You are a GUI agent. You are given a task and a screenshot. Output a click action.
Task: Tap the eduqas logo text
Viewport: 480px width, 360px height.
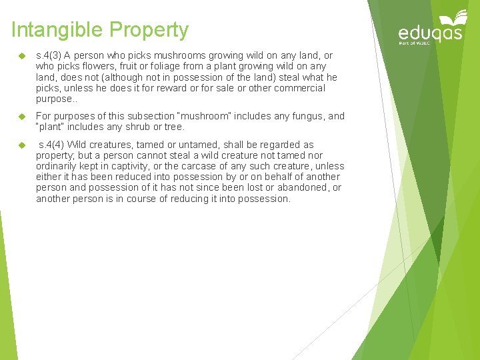[x=430, y=33]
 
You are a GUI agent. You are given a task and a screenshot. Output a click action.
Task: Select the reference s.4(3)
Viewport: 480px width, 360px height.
[x=51, y=56]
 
